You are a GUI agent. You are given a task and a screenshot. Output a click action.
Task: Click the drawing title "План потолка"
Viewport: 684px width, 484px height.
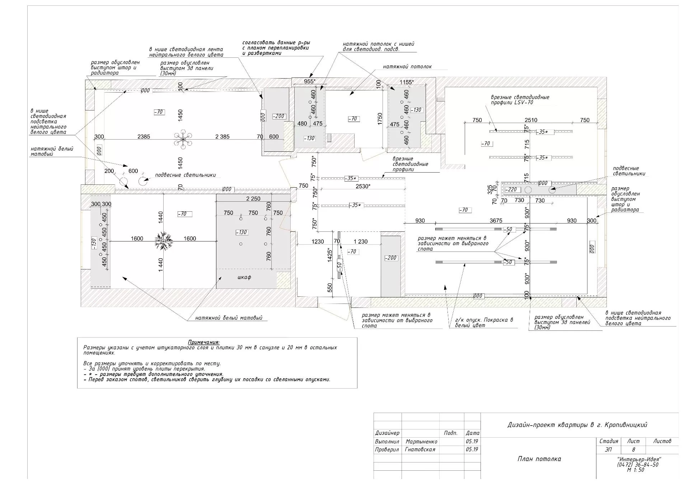coord(539,459)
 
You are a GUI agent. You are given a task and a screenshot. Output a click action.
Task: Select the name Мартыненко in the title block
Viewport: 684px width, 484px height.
coord(421,442)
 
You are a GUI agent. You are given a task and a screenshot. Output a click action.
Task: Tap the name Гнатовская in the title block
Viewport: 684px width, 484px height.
coord(420,450)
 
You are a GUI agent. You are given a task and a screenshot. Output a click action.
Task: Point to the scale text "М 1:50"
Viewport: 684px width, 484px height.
coord(636,470)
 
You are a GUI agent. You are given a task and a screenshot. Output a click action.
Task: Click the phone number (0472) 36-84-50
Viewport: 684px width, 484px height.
coord(638,465)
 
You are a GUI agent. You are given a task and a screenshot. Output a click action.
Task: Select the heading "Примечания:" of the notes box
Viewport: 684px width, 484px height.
coord(204,342)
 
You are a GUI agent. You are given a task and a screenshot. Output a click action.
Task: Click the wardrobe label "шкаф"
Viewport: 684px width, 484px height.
coord(244,277)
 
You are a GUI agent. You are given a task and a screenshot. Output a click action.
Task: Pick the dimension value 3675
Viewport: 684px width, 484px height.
coord(496,221)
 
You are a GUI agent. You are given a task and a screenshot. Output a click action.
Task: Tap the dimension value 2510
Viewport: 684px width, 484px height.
coord(531,120)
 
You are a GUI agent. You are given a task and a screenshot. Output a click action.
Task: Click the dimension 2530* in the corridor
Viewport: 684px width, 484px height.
coord(363,186)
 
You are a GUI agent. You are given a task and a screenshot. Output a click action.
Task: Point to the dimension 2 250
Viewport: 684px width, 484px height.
coord(253,199)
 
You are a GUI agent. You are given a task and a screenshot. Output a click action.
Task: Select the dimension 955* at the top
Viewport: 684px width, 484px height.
coord(310,81)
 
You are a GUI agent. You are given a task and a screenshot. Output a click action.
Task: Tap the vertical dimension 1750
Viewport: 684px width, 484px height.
coord(380,119)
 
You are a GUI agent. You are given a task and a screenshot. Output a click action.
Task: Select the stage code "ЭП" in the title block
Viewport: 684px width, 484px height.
coord(609,450)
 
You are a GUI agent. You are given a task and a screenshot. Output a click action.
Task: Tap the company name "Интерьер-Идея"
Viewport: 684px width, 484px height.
coord(639,460)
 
